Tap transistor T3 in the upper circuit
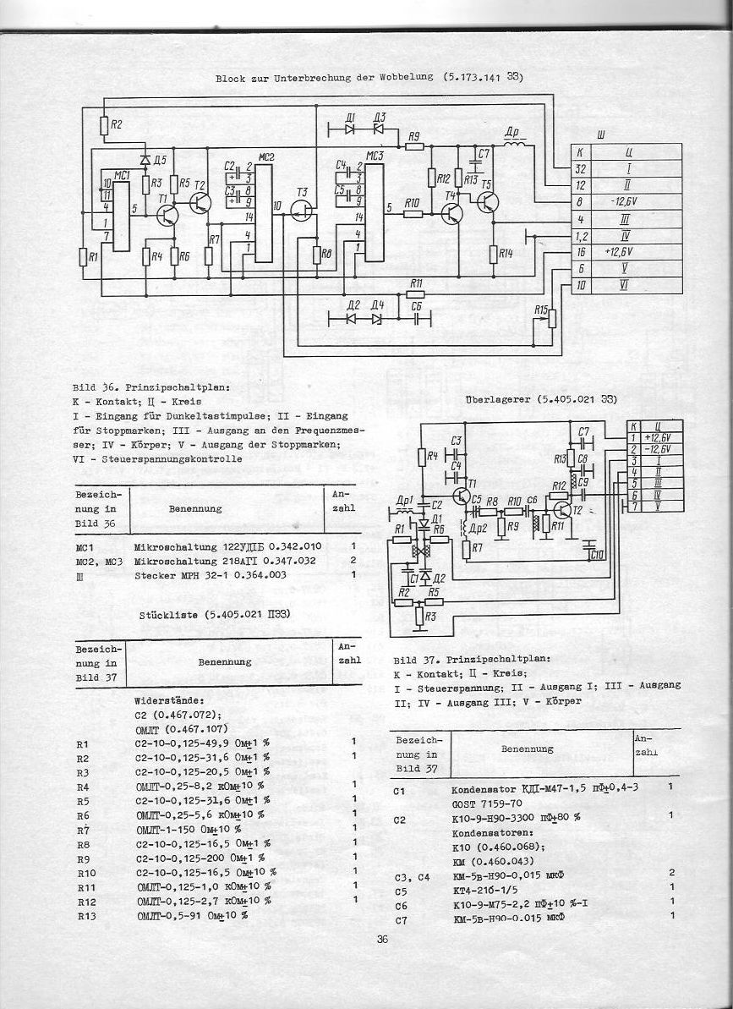pyautogui.click(x=302, y=211)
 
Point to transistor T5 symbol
pyautogui.click(x=488, y=203)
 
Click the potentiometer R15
pyautogui.click(x=552, y=318)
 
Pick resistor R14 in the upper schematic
pyautogui.click(x=494, y=253)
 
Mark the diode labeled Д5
pyautogui.click(x=145, y=159)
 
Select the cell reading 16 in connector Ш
pyautogui.click(x=581, y=252)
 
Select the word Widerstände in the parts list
pyautogui.click(x=168, y=701)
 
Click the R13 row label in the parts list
pyautogui.click(x=85, y=916)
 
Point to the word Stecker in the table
pyautogui.click(x=154, y=575)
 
